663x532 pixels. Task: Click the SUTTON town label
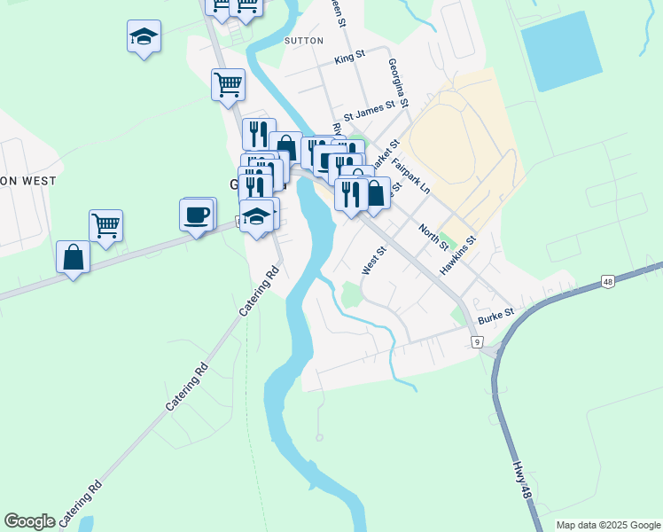tap(304, 40)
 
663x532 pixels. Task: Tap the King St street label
tap(349, 59)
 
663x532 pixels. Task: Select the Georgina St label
tap(397, 83)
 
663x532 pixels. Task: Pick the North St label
tap(434, 237)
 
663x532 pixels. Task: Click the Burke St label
tap(496, 314)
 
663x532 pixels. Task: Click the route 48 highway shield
tap(607, 282)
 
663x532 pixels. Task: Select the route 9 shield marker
tap(476, 341)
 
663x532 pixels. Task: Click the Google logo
tap(29, 521)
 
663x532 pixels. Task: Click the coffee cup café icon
tap(196, 214)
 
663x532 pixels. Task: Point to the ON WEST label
tap(28, 181)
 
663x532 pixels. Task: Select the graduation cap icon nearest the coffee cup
tap(256, 216)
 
